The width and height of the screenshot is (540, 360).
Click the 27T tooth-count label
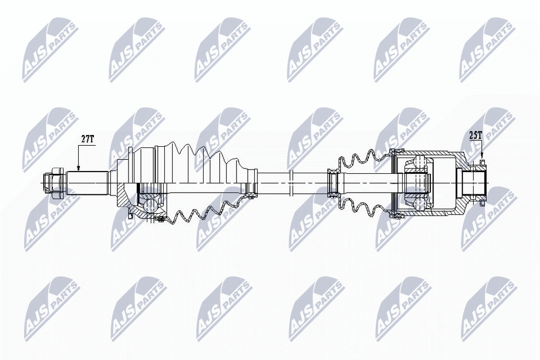[87, 139]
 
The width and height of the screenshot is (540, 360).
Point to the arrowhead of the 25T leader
[482, 161]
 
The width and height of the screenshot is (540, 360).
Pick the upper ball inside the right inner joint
[420, 161]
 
